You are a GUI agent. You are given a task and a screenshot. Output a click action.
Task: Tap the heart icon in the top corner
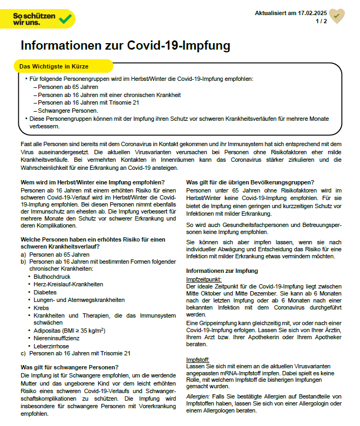(x=337, y=16)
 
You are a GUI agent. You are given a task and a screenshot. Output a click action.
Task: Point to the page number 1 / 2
(x=321, y=21)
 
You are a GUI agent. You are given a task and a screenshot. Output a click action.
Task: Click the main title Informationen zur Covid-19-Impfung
(x=125, y=45)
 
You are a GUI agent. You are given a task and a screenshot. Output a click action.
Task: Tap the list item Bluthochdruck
(x=53, y=277)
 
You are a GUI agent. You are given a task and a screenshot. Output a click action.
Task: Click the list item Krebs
(x=42, y=307)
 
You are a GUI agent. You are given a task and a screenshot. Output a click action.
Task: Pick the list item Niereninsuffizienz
(x=57, y=338)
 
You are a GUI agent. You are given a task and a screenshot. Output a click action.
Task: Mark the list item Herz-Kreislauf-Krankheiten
(x=68, y=284)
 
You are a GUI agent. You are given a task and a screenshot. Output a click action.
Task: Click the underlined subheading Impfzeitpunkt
(x=203, y=279)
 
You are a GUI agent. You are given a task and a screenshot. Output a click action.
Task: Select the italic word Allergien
(x=198, y=397)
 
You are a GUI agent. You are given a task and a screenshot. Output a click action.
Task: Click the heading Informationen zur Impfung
(x=222, y=271)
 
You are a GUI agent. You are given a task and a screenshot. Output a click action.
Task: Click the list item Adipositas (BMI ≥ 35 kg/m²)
(x=69, y=331)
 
